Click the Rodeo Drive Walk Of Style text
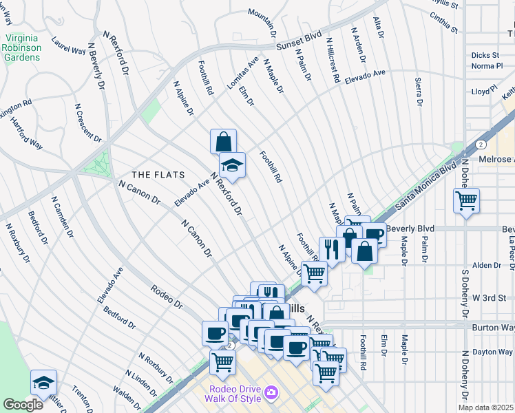(x=235, y=392)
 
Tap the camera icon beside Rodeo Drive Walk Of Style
(x=272, y=392)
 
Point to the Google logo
(x=23, y=405)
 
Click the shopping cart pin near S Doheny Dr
(x=466, y=201)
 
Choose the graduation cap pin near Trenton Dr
(x=43, y=383)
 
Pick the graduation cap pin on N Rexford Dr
(x=232, y=165)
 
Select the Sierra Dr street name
(x=419, y=92)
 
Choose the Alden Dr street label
(x=486, y=265)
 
